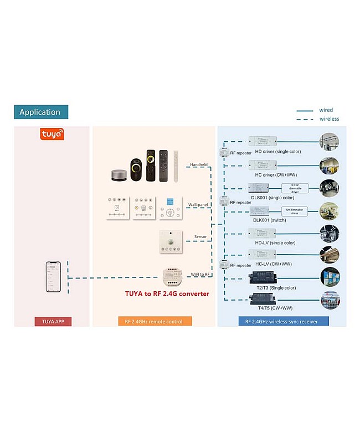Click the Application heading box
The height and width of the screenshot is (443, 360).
[40, 112]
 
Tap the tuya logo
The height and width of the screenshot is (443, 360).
[52, 134]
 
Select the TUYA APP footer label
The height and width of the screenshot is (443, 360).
[53, 321]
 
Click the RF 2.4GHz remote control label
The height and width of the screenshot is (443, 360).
[155, 321]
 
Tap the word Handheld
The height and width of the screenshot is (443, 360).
[199, 164]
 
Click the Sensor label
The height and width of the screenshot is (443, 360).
[200, 237]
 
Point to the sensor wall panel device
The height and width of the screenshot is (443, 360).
[171, 242]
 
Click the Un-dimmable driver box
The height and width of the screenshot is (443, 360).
[296, 212]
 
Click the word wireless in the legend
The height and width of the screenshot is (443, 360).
[329, 119]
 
